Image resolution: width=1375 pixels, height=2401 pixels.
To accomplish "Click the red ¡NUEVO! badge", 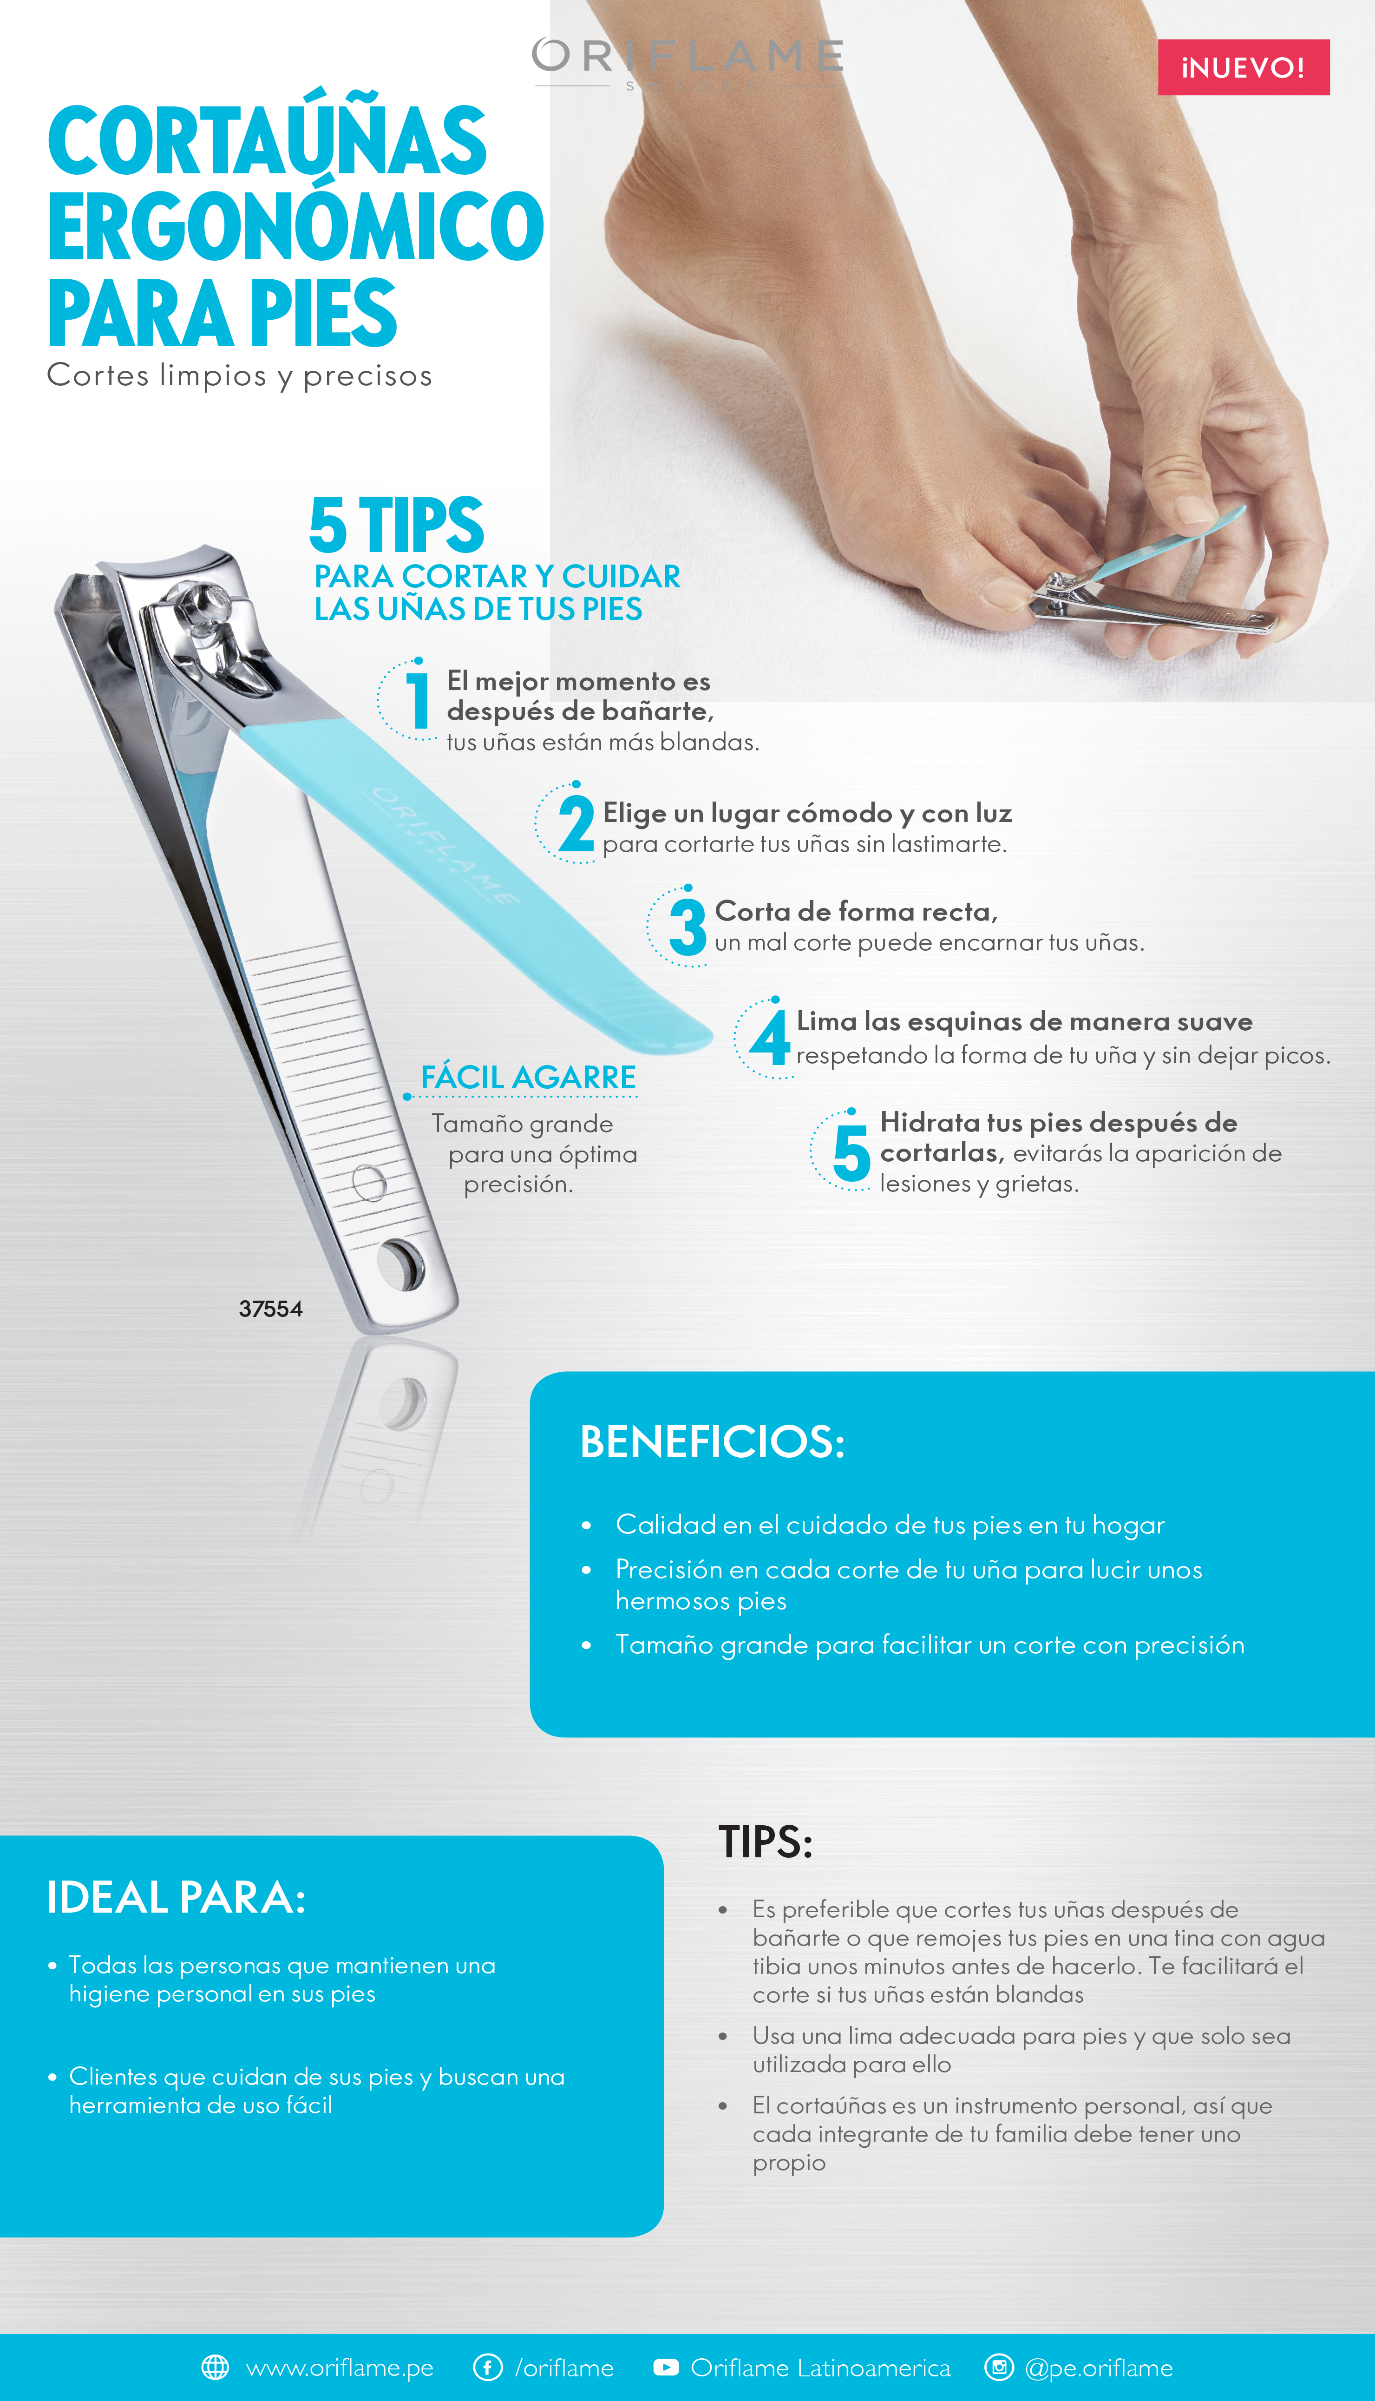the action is click(x=1243, y=67).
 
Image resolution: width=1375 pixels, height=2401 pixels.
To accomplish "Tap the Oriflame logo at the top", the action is click(x=687, y=61).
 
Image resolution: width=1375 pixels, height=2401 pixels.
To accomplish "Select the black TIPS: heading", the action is click(x=765, y=1842).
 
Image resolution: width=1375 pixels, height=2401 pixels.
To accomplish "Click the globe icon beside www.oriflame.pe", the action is click(x=216, y=2367).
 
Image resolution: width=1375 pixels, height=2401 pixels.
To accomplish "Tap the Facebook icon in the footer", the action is click(x=487, y=2367).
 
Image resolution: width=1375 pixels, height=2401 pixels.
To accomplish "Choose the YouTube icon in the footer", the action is click(x=666, y=2367).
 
